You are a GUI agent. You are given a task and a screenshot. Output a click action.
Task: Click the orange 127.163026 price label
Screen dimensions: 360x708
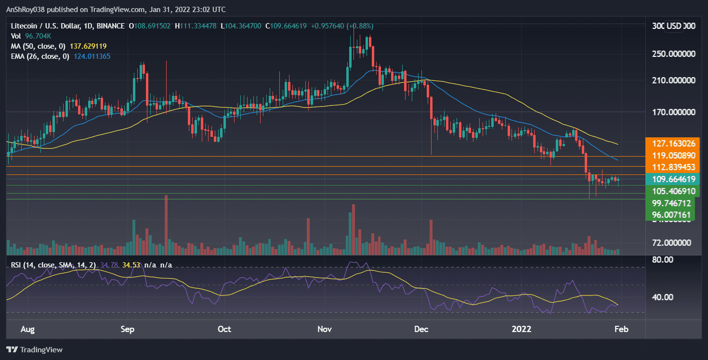672,144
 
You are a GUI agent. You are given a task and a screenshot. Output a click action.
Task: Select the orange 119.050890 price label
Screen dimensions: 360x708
672,156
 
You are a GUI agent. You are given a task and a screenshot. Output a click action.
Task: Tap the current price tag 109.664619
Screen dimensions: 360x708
672,179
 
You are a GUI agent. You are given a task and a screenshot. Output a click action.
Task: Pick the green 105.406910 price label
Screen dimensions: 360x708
672,191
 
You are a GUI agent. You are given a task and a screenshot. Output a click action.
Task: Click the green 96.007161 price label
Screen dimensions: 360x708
672,214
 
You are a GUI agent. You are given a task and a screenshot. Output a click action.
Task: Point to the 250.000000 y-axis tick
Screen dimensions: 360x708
672,53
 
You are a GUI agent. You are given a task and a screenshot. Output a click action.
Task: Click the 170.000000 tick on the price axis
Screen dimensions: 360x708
672,112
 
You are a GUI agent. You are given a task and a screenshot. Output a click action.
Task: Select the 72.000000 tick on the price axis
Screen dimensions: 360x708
672,243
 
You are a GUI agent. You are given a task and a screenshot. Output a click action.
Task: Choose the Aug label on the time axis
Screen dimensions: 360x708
28,330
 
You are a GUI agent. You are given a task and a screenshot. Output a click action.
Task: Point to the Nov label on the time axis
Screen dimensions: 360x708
325,330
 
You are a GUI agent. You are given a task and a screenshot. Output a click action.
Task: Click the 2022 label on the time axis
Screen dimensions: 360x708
522,330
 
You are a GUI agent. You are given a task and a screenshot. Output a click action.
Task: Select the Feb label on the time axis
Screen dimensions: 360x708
621,330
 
